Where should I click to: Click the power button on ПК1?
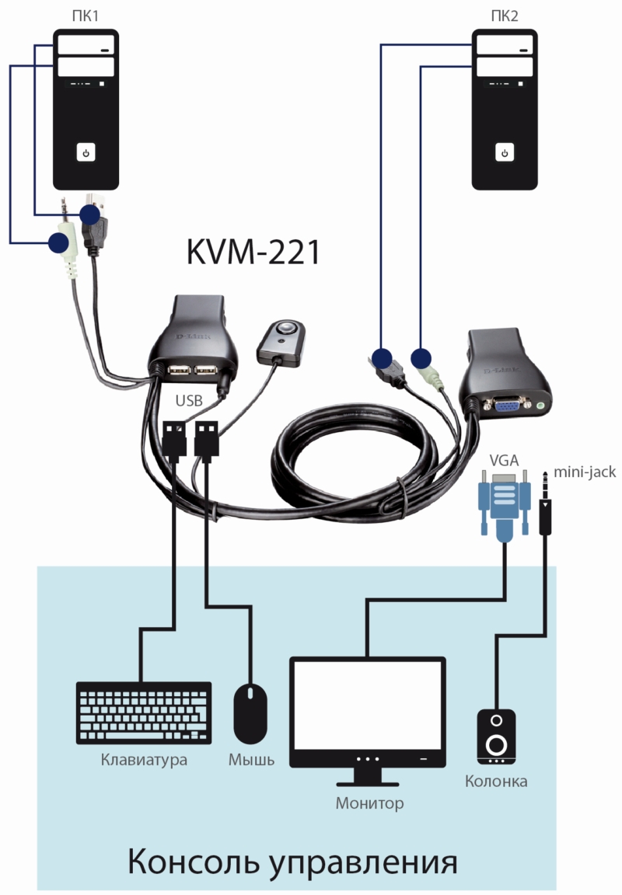click(x=86, y=152)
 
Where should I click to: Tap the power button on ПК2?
click(x=505, y=152)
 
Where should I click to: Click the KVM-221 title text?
click(x=253, y=252)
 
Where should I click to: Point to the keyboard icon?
click(x=144, y=712)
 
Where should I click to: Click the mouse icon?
click(x=250, y=712)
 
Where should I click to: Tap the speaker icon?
click(x=496, y=735)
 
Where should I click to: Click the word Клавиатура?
click(x=144, y=760)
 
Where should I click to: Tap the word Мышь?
click(x=251, y=760)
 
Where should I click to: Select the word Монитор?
click(x=369, y=803)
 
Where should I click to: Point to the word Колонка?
click(x=496, y=781)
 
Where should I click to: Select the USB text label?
click(x=190, y=401)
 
